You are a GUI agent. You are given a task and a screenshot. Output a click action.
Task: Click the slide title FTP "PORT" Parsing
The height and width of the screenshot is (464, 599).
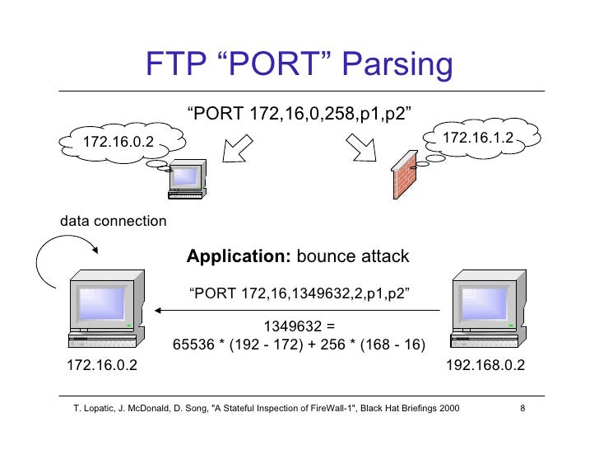[299, 65]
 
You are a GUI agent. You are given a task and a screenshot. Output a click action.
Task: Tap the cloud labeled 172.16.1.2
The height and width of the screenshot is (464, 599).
[478, 137]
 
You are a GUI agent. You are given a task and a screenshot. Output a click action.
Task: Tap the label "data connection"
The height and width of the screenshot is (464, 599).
[114, 222]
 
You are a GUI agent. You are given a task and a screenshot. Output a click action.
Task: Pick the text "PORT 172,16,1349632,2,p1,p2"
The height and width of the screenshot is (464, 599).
[299, 293]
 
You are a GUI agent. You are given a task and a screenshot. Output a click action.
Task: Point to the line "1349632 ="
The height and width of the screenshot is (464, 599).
[299, 326]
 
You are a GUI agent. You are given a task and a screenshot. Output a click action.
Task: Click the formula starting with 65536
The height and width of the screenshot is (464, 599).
[299, 344]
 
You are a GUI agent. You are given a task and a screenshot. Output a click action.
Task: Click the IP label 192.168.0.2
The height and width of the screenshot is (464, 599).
[485, 365]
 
